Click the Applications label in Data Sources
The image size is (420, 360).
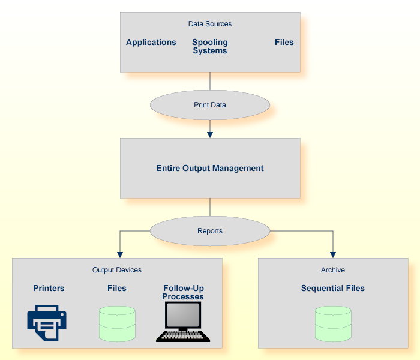pyautogui.click(x=151, y=43)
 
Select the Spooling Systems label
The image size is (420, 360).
pyautogui.click(x=210, y=47)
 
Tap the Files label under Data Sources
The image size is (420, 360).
pyautogui.click(x=284, y=43)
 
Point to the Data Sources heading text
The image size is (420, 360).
pyautogui.click(x=210, y=24)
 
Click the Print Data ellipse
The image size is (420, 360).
pyautogui.click(x=210, y=105)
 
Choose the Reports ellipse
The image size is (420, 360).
pyautogui.click(x=210, y=231)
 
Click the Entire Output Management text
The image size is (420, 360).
pyautogui.click(x=210, y=169)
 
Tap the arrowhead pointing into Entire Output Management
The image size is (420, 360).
pyautogui.click(x=210, y=134)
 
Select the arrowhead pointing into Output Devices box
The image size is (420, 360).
pyautogui.click(x=120, y=254)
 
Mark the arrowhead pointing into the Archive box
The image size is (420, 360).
pyautogui.click(x=333, y=254)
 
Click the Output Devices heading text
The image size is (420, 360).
pyautogui.click(x=117, y=270)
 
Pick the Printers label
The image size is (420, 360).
pyautogui.click(x=49, y=288)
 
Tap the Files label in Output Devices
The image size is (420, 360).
pyautogui.click(x=117, y=288)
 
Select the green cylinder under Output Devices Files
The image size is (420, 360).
pyautogui.click(x=117, y=325)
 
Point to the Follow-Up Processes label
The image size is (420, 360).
pyautogui.click(x=183, y=292)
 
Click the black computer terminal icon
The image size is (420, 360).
pyautogui.click(x=183, y=322)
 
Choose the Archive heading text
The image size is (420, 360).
pyautogui.click(x=333, y=270)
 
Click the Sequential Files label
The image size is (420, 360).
pyautogui.click(x=333, y=288)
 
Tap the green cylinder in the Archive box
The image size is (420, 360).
pyautogui.click(x=333, y=325)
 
